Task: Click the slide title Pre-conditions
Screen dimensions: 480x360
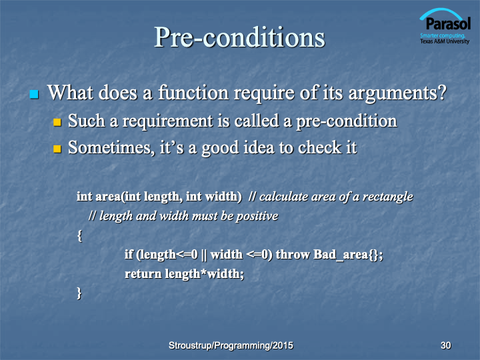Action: pyautogui.click(x=239, y=37)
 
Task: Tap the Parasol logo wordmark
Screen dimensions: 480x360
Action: pyautogui.click(x=448, y=23)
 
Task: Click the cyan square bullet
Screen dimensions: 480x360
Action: pyautogui.click(x=34, y=94)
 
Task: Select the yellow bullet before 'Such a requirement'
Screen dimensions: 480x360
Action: pyautogui.click(x=57, y=123)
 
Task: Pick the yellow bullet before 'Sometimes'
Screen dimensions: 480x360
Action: pyautogui.click(x=57, y=149)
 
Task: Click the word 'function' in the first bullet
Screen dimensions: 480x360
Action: pyautogui.click(x=193, y=93)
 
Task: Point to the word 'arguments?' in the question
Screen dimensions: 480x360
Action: pyautogui.click(x=397, y=93)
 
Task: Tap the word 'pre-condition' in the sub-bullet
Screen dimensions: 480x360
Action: pyautogui.click(x=347, y=121)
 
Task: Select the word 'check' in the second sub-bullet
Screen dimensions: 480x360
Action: pyautogui.click(x=319, y=147)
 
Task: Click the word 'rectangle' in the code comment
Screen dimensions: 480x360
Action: pyautogui.click(x=388, y=197)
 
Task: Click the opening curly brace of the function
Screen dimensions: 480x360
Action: pyautogui.click(x=79, y=236)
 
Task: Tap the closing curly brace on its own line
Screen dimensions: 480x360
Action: pyautogui.click(x=79, y=293)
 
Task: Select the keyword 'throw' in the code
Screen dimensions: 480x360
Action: pyautogui.click(x=293, y=255)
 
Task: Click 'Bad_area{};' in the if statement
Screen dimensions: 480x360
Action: pyautogui.click(x=348, y=255)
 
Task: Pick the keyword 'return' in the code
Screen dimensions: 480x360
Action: pyautogui.click(x=143, y=274)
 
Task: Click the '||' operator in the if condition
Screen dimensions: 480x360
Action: pyautogui.click(x=204, y=255)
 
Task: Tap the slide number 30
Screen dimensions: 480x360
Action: pyautogui.click(x=446, y=345)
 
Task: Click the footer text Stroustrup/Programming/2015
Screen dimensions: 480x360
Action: pyautogui.click(x=231, y=345)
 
